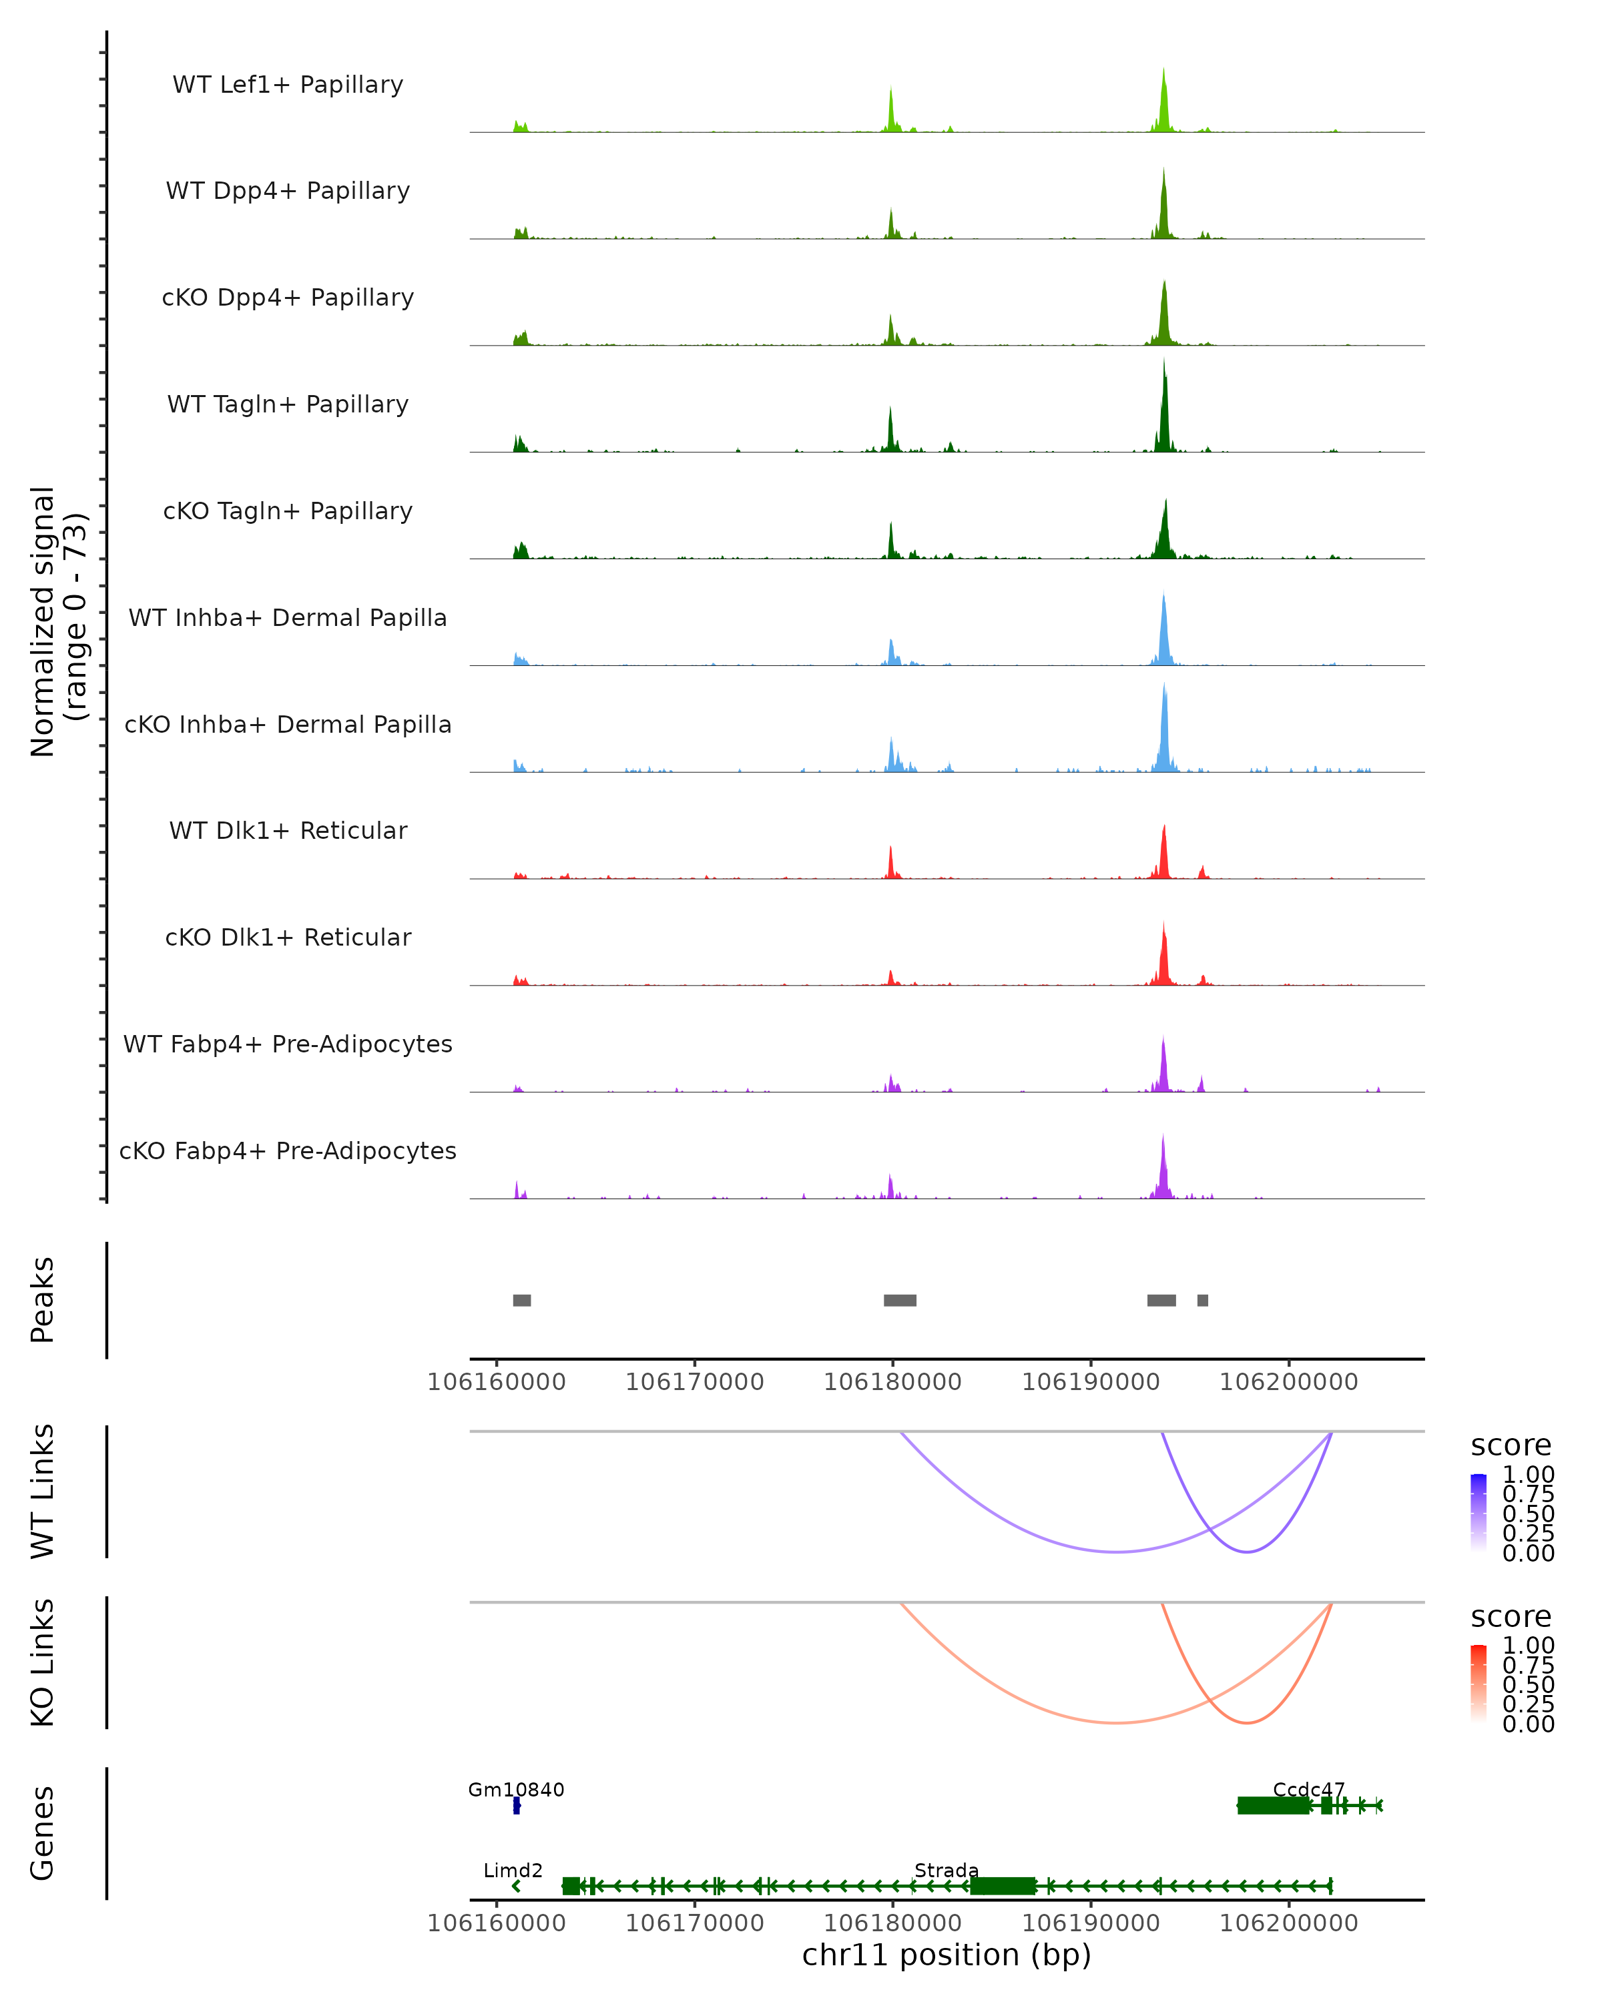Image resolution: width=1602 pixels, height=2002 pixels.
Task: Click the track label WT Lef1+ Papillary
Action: click(x=288, y=85)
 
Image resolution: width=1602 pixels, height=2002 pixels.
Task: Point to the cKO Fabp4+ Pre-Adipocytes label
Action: click(x=288, y=1150)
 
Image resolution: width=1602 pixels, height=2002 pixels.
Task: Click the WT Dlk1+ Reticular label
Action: click(x=288, y=830)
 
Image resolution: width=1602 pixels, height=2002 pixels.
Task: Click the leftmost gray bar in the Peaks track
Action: click(x=522, y=1300)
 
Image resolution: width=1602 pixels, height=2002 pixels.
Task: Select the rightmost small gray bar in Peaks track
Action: click(x=1203, y=1300)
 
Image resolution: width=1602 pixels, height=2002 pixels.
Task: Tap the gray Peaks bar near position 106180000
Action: click(x=900, y=1300)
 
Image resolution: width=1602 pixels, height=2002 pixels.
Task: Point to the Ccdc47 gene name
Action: click(x=1308, y=1790)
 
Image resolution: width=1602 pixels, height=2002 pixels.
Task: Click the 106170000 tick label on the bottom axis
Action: click(x=695, y=1923)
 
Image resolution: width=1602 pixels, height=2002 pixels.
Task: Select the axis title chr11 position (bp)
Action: click(x=947, y=1955)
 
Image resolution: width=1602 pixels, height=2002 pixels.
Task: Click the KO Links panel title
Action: click(x=43, y=1662)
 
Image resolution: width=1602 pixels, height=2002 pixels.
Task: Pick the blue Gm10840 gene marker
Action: click(x=517, y=1806)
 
